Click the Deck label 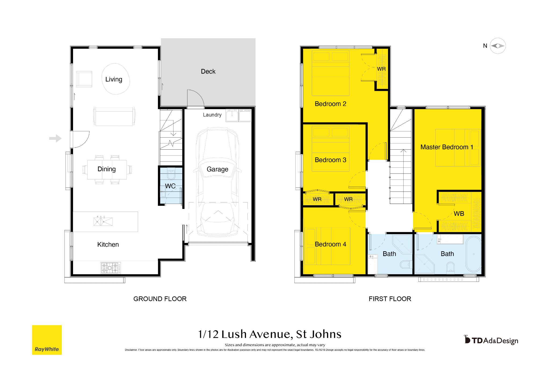[208, 72]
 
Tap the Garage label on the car [217, 169]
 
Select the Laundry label [212, 115]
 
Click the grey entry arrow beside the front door [55, 138]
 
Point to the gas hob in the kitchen [111, 268]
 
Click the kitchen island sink [103, 221]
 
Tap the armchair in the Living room [84, 79]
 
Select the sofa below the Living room [114, 116]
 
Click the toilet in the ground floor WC [171, 173]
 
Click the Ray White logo [47, 340]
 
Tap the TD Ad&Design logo [491, 340]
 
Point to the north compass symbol [498, 46]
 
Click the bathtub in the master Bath [474, 254]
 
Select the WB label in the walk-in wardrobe [459, 214]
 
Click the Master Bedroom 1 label [447, 147]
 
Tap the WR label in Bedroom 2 [381, 69]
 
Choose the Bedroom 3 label [330, 160]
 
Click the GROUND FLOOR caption [160, 299]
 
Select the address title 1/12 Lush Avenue [270, 334]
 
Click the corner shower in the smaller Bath [402, 245]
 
